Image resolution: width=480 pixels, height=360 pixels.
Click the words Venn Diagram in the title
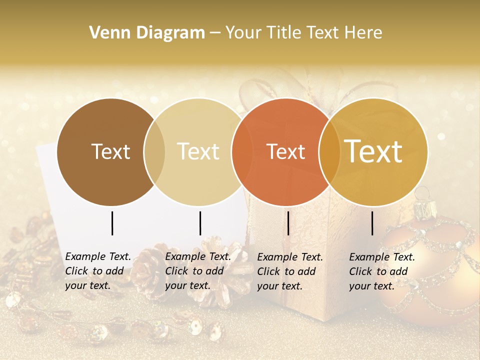point(147,33)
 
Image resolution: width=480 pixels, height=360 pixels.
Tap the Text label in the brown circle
point(110,152)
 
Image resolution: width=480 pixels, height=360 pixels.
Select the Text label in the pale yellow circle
point(198,152)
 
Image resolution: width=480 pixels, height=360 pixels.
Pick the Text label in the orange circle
point(285,152)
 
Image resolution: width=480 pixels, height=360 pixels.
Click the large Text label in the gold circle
point(373,151)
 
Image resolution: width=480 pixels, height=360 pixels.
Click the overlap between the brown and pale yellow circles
point(154,152)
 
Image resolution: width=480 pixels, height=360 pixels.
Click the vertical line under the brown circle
point(112,223)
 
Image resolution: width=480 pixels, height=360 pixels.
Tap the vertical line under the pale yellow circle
point(200,223)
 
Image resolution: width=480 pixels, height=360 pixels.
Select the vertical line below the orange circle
point(288,223)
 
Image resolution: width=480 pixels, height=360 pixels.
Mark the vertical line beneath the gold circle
point(372,223)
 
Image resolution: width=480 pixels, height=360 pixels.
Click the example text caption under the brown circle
point(98,271)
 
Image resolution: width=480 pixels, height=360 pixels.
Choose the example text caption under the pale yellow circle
point(198,271)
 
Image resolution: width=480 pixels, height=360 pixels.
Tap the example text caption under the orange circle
point(290,271)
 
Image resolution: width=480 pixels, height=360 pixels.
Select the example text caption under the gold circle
point(382,271)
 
